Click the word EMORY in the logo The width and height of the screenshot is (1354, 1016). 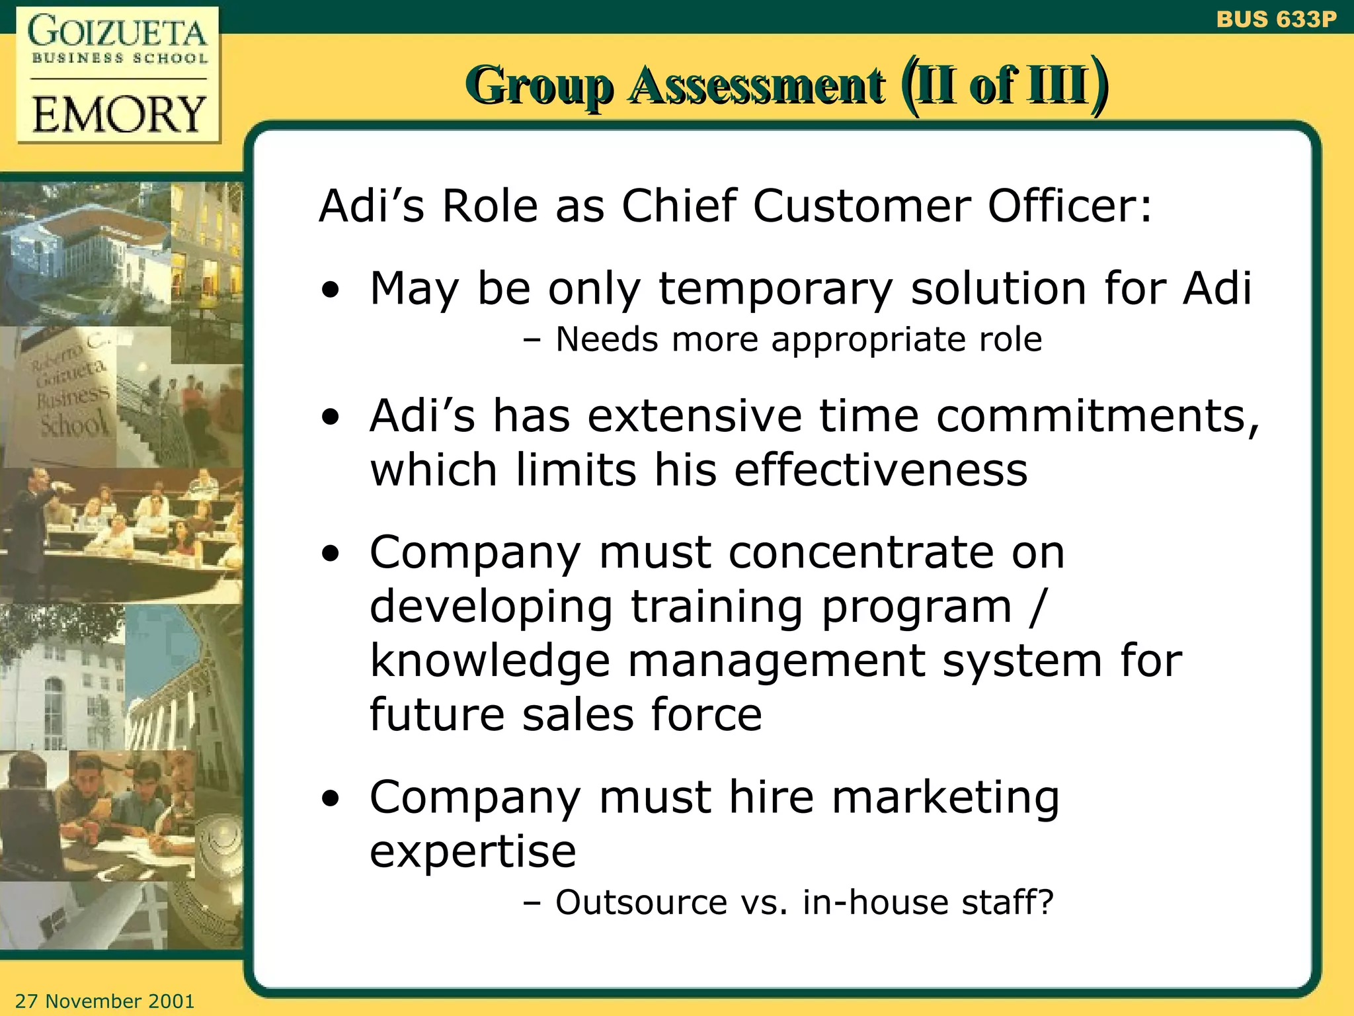(x=119, y=114)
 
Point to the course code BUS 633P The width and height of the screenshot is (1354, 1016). (x=1276, y=19)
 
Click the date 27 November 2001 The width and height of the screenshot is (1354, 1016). (x=104, y=1001)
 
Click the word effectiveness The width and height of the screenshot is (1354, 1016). (x=881, y=470)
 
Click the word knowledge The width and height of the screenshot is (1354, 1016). (x=489, y=661)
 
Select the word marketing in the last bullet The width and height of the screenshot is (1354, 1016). (x=945, y=797)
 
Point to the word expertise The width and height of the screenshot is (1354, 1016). (x=473, y=851)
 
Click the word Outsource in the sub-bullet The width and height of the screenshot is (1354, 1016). (x=641, y=902)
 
